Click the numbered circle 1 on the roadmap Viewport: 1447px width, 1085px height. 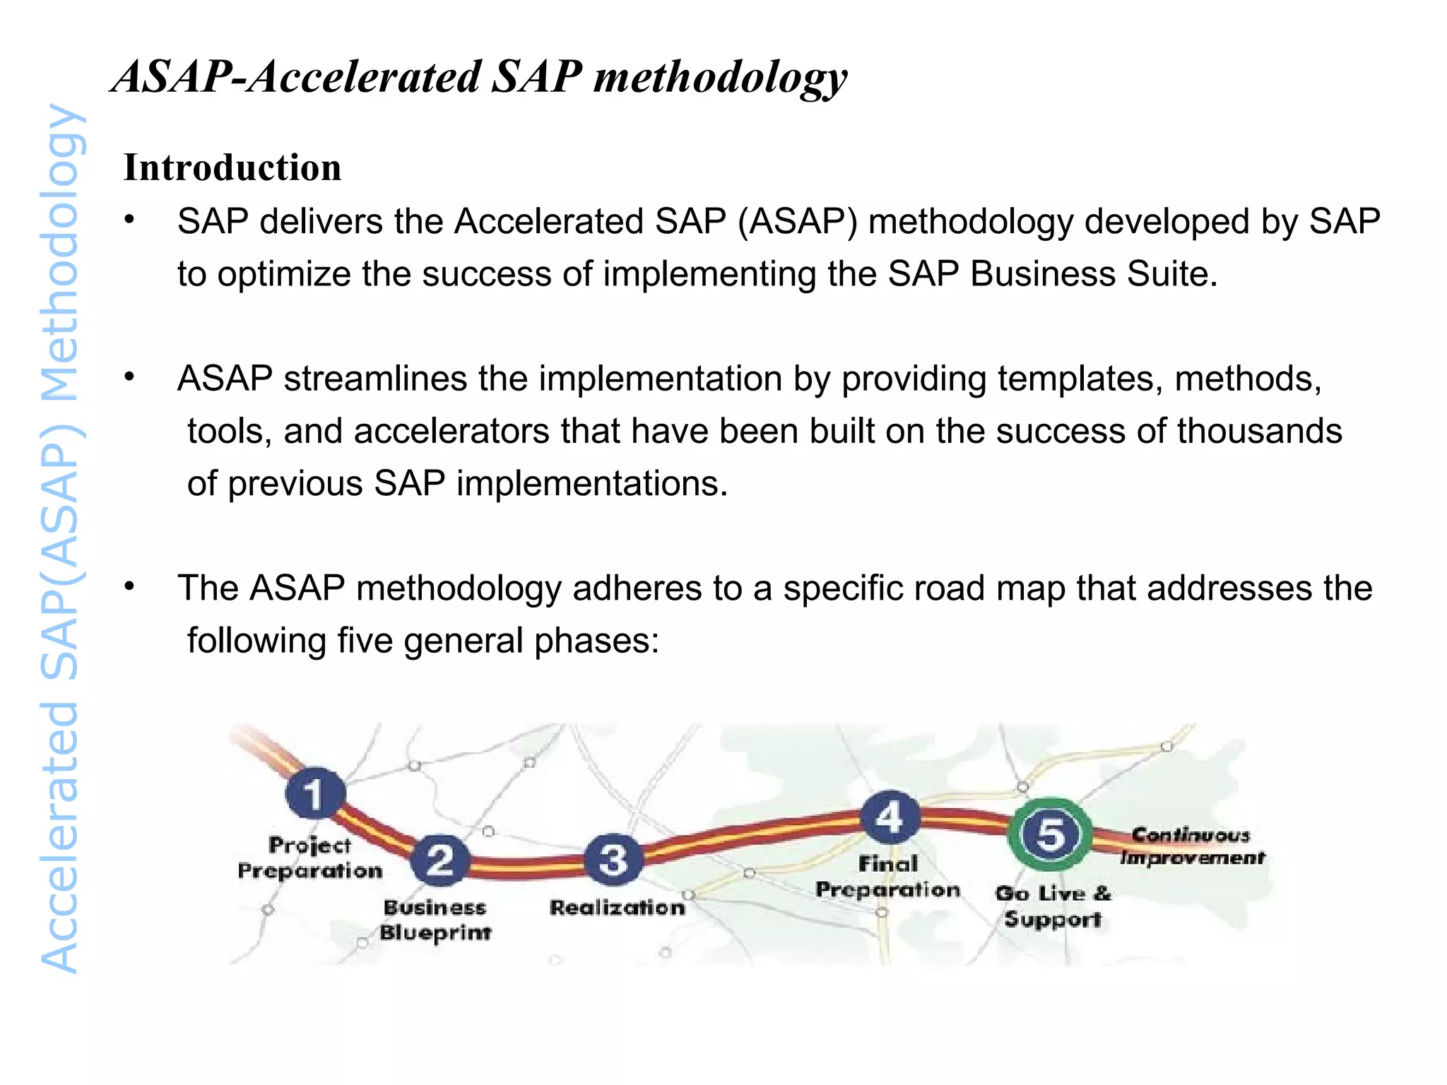[315, 793]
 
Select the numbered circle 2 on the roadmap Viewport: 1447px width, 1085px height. [440, 860]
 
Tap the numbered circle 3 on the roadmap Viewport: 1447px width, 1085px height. [613, 859]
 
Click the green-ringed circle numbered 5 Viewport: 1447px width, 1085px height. [1050, 834]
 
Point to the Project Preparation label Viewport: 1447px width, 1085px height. [309, 858]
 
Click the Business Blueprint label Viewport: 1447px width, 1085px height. [435, 920]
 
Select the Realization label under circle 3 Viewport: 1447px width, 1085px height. [618, 907]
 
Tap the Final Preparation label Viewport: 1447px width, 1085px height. [888, 877]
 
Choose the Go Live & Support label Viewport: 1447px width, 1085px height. [1053, 906]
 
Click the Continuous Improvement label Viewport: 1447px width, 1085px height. [1192, 846]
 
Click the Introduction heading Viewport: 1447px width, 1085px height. [232, 168]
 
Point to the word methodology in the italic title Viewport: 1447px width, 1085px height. [720, 77]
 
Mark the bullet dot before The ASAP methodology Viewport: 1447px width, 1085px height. [129, 586]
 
